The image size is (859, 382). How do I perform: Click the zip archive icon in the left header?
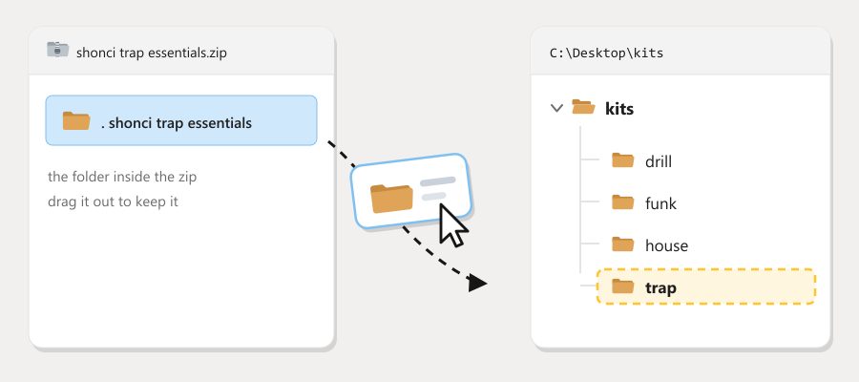tap(57, 50)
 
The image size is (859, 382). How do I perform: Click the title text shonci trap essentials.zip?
tap(151, 53)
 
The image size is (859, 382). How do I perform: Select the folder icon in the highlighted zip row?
tap(76, 120)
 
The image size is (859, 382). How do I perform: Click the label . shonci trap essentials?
tap(177, 123)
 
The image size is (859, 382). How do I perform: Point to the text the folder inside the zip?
tap(122, 177)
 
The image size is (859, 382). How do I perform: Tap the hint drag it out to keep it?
tap(113, 202)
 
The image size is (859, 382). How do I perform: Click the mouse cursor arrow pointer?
tap(453, 225)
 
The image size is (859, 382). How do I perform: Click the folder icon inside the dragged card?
tap(391, 199)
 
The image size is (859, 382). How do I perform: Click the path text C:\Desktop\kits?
tap(606, 53)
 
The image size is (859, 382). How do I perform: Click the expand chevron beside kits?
tap(556, 108)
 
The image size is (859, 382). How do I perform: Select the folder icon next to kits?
tap(583, 106)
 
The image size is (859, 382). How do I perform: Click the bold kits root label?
tap(619, 109)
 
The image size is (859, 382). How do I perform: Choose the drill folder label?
tap(659, 161)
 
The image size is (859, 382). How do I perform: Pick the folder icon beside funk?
tap(623, 202)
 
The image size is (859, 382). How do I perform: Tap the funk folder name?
tap(660, 203)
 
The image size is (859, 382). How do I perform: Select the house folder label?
tap(667, 245)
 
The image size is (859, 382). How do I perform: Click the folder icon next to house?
tap(623, 244)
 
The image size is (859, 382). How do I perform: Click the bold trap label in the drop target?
tap(660, 287)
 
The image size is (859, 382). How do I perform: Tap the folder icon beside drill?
tap(623, 160)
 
